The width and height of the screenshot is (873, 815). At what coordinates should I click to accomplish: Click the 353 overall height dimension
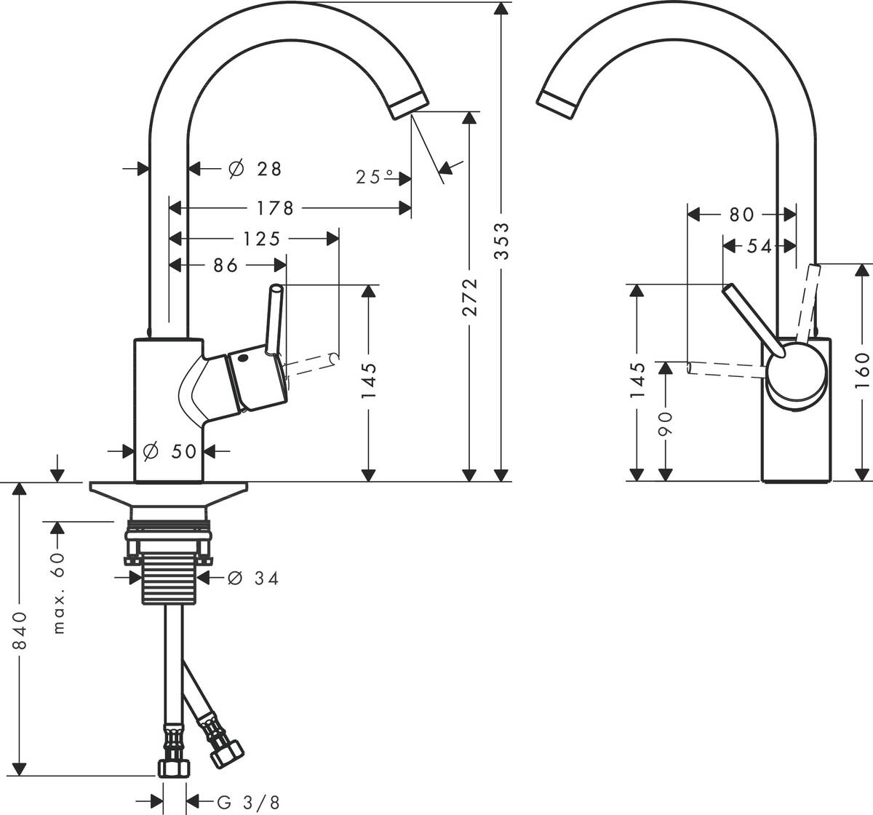point(501,241)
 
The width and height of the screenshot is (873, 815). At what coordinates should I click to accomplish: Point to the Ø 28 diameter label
point(254,169)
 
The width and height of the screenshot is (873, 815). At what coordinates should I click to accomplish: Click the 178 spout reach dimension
point(275,209)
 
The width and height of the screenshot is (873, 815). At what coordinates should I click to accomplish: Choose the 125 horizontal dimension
point(261,238)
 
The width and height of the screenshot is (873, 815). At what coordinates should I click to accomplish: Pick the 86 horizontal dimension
point(226,266)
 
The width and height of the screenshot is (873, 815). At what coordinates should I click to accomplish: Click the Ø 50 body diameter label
point(170,451)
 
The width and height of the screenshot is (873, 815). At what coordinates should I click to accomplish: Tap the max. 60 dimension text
point(59,592)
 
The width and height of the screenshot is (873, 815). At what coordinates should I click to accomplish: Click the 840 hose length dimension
point(20,630)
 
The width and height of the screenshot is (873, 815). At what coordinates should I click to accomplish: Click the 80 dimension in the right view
point(741,214)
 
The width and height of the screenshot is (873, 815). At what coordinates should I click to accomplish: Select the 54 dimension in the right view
point(757,246)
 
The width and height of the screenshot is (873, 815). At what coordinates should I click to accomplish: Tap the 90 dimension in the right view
point(666,423)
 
